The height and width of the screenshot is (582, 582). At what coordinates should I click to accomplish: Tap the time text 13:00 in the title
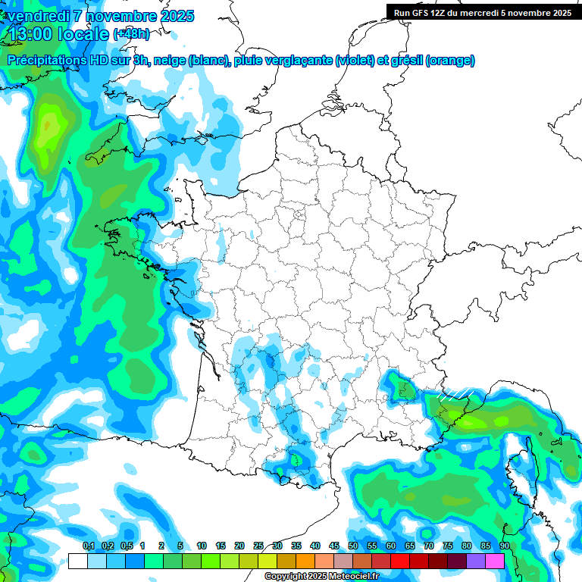31,33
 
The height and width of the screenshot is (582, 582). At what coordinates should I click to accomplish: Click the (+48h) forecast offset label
132,33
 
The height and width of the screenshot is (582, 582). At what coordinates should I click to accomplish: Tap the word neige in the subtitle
169,60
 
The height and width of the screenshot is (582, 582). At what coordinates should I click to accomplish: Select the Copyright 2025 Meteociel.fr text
321,577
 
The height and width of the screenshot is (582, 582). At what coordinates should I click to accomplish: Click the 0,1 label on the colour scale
88,546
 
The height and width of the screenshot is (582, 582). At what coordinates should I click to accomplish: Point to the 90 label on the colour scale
504,546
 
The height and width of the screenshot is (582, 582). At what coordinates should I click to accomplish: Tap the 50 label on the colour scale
353,546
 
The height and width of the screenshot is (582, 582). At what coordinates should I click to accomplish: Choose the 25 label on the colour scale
258,546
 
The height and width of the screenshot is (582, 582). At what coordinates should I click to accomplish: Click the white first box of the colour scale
77,561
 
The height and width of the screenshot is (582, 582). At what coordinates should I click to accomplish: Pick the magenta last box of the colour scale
495,561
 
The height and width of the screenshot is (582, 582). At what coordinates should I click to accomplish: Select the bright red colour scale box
400,561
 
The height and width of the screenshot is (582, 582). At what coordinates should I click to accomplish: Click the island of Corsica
524,469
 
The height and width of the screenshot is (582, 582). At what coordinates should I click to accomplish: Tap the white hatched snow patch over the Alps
454,394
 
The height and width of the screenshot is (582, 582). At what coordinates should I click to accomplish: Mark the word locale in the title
83,33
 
